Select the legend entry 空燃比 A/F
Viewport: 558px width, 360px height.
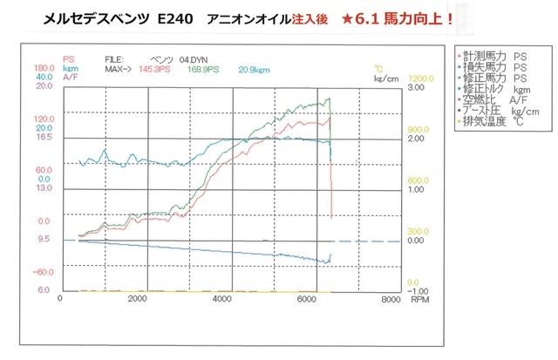[495, 101]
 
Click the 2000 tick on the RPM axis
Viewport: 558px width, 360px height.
[137, 299]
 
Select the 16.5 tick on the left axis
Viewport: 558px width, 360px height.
[44, 137]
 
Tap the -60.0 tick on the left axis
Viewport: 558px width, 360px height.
[44, 271]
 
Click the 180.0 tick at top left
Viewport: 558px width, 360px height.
[44, 67]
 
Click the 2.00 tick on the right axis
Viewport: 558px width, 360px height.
[415, 139]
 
